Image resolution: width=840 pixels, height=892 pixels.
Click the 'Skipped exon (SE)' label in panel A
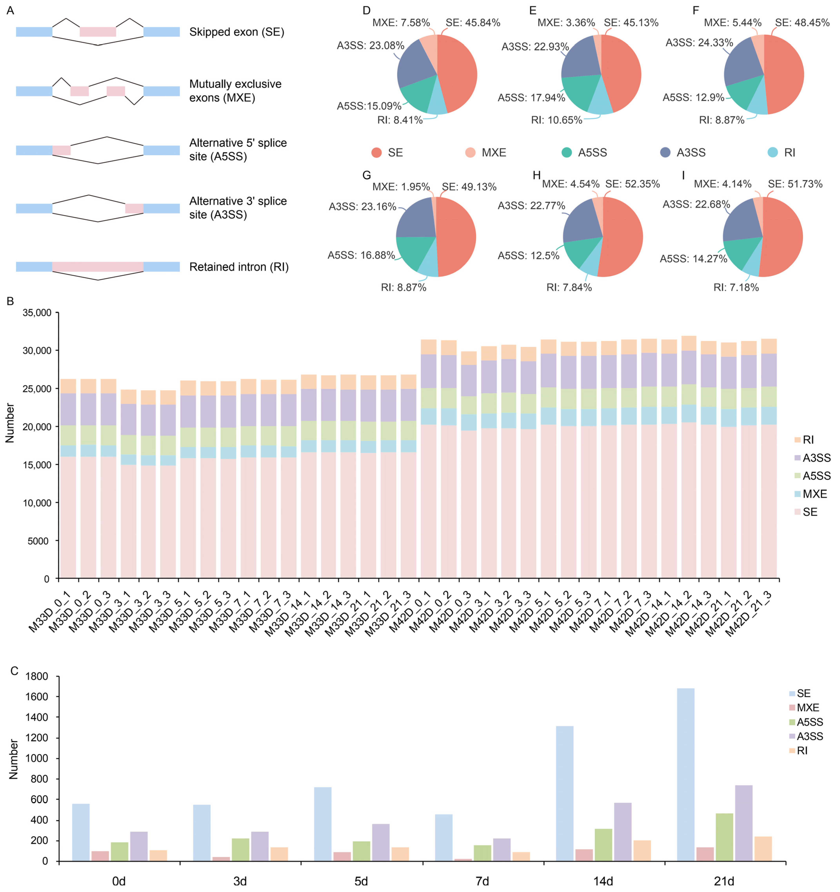(x=236, y=32)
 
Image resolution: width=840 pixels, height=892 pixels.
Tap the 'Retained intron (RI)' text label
(x=239, y=267)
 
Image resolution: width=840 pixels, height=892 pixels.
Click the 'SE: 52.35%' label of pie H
(x=632, y=184)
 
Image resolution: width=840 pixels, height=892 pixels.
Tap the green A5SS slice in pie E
(x=579, y=92)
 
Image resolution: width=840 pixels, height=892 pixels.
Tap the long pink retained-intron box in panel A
(x=98, y=267)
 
